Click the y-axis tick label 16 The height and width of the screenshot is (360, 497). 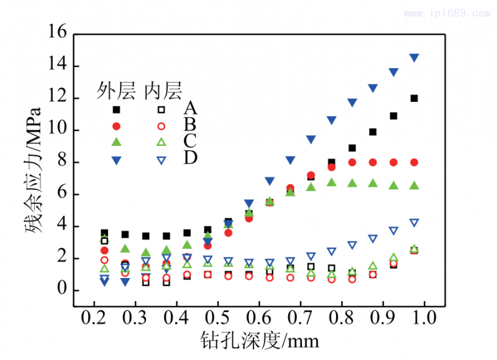tap(58, 34)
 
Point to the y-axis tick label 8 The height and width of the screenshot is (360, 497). tap(62, 163)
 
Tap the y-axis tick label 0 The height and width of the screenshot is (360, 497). tap(62, 290)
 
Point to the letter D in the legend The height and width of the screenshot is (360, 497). tap(190, 158)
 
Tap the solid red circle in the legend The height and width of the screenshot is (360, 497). tap(116, 126)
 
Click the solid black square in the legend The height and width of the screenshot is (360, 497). tap(116, 110)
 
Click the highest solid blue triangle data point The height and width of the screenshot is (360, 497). tap(414, 58)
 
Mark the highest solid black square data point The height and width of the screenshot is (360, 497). tap(414, 98)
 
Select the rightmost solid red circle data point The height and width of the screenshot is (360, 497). tap(414, 162)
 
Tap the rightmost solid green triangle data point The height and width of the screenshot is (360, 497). tap(414, 186)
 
